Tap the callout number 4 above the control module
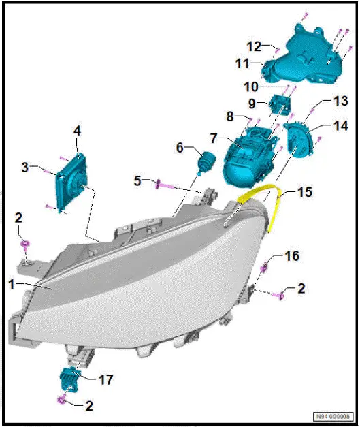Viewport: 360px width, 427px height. pyautogui.click(x=78, y=131)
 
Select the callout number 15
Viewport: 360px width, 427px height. pyautogui.click(x=305, y=193)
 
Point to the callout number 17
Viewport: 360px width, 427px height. pyautogui.click(x=107, y=379)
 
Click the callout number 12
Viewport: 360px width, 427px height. pyautogui.click(x=253, y=46)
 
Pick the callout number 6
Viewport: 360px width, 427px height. pyautogui.click(x=181, y=148)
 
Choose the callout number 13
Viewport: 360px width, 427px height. pyautogui.click(x=321, y=101)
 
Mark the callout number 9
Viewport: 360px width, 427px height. pyautogui.click(x=251, y=104)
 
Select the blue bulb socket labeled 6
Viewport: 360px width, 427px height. pyautogui.click(x=204, y=163)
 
